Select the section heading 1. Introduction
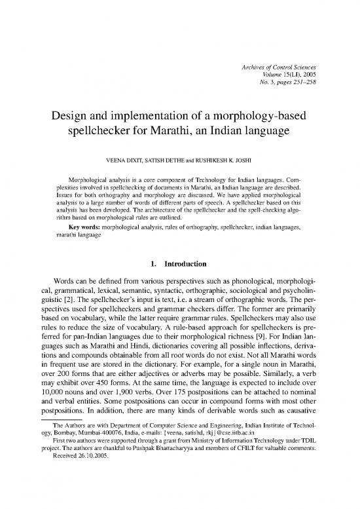[x=179, y=264]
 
